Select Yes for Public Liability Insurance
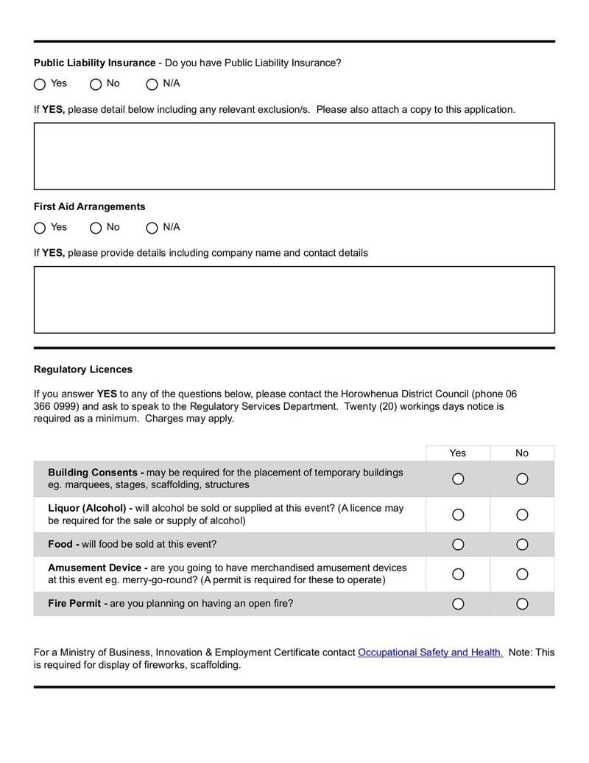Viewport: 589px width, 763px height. pos(40,84)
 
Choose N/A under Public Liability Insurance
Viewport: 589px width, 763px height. pos(152,84)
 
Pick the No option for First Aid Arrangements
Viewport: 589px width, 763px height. pos(96,228)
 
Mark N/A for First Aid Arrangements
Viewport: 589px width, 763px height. pos(152,228)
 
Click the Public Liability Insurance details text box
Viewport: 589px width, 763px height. pos(294,156)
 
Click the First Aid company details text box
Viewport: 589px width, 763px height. pos(294,300)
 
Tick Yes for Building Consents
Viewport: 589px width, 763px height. pos(458,479)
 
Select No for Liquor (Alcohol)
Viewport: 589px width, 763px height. pos(522,515)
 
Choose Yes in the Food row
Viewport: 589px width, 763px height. pos(458,545)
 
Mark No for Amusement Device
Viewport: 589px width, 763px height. pos(522,574)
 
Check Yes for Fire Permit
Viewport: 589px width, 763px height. pos(458,604)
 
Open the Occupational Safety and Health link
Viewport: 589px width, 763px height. pos(430,652)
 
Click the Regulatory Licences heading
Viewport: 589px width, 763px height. pos(83,369)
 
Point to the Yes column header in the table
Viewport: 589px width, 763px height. pos(458,453)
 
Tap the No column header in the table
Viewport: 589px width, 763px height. pos(522,453)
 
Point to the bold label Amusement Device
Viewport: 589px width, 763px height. pos(94,568)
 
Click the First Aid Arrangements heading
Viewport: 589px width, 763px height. pos(89,207)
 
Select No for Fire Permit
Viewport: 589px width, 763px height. pos(522,604)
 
